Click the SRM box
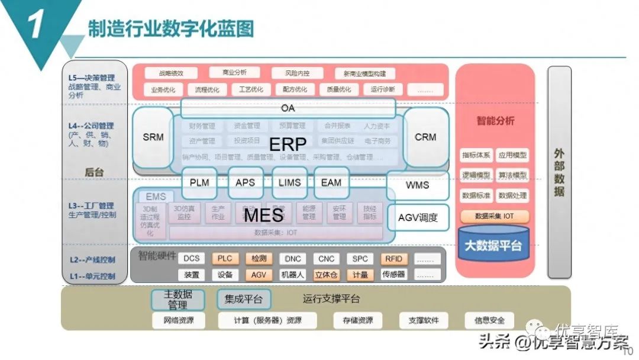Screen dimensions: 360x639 tap(153, 137)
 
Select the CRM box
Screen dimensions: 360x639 tap(425, 137)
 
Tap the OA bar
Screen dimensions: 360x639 tap(288, 108)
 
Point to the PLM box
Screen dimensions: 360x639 tap(199, 182)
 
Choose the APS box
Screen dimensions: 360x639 tap(245, 182)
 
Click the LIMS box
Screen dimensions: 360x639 tap(289, 182)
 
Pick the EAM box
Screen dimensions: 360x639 tap(331, 182)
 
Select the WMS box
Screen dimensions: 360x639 tap(417, 185)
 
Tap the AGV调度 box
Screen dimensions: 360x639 tap(418, 217)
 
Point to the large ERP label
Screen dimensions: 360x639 tap(288, 144)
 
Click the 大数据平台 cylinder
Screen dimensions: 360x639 tap(493, 245)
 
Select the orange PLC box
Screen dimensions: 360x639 tap(225, 259)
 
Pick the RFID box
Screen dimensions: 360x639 tap(394, 259)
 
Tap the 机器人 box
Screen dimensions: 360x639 tap(292, 275)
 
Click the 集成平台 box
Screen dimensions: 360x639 tap(244, 299)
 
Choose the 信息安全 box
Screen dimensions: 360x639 tap(489, 320)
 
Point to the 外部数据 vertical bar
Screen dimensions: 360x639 tap(559, 172)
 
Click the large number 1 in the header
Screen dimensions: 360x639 tap(37, 26)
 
